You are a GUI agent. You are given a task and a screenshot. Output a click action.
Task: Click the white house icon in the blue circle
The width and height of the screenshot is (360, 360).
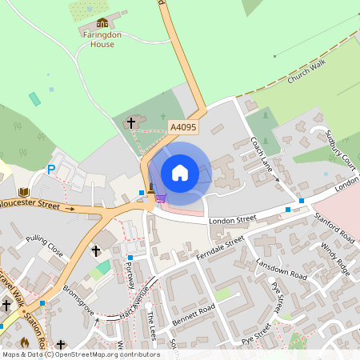[180, 173]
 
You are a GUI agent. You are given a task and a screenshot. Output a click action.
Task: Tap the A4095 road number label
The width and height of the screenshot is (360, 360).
[182, 127]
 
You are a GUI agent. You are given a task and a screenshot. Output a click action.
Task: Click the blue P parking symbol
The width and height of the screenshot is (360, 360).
[51, 170]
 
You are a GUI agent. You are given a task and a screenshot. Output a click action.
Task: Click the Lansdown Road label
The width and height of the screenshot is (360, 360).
[281, 270]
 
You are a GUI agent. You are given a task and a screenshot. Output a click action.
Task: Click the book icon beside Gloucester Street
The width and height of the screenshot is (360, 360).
[24, 193]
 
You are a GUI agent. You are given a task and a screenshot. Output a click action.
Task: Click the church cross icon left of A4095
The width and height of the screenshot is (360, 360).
[131, 123]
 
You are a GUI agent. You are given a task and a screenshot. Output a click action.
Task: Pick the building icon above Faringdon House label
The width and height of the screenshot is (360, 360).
[102, 22]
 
